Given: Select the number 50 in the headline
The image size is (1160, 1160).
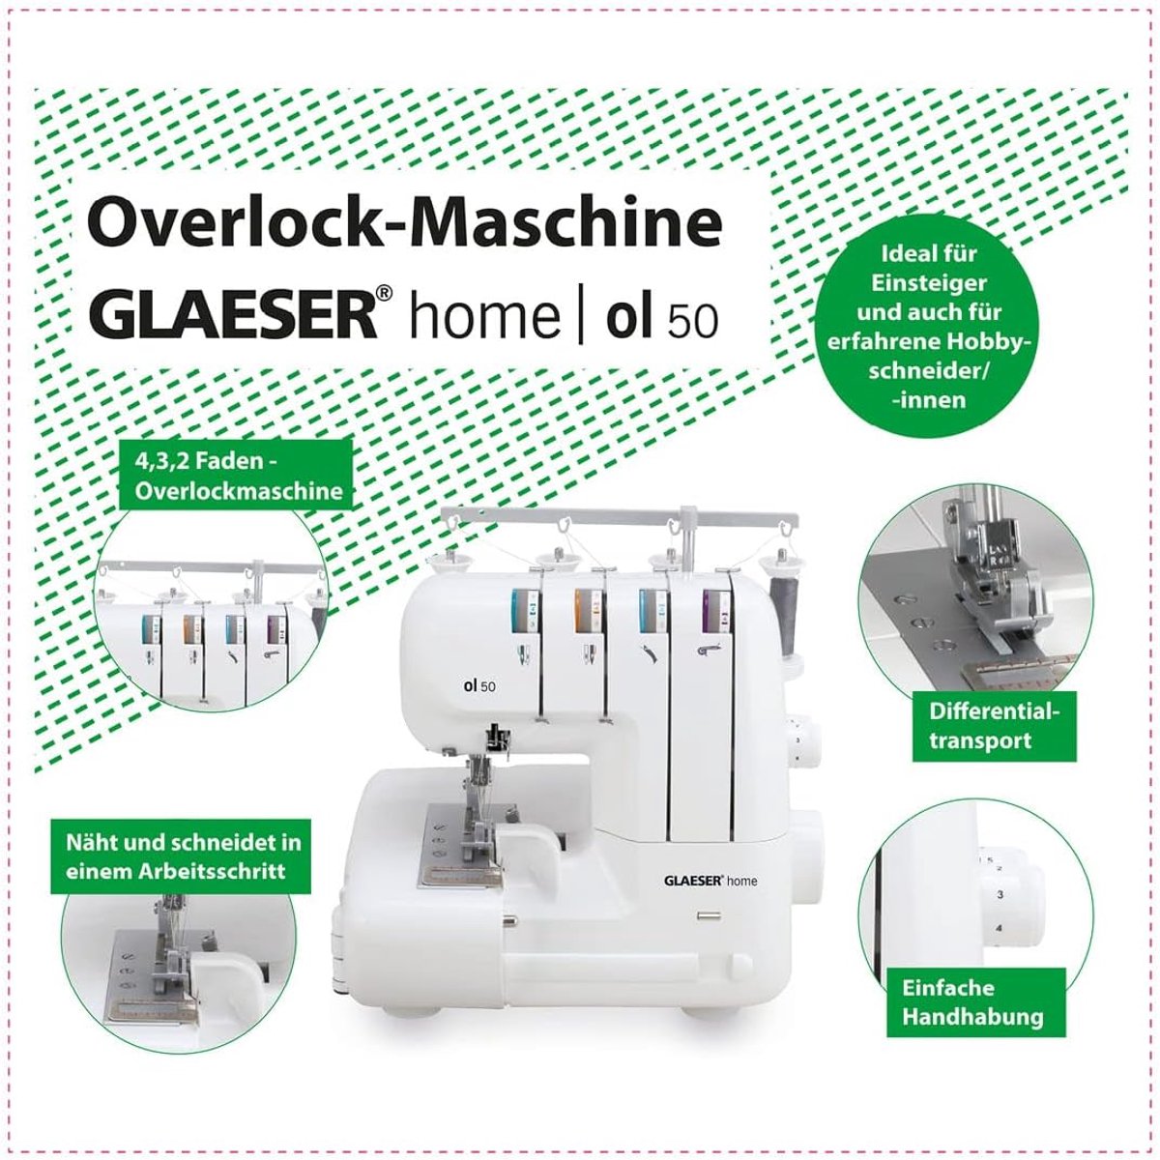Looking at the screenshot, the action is tap(693, 320).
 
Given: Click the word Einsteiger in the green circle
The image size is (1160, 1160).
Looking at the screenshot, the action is tap(929, 283).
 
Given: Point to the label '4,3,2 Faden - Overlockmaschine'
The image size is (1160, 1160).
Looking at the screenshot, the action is tap(239, 477).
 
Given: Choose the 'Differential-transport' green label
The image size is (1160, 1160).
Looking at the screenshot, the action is tap(994, 725).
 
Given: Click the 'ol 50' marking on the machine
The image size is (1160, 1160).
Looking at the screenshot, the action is tap(479, 685).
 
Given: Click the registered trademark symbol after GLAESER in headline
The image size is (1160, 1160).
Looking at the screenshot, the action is tap(385, 294).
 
